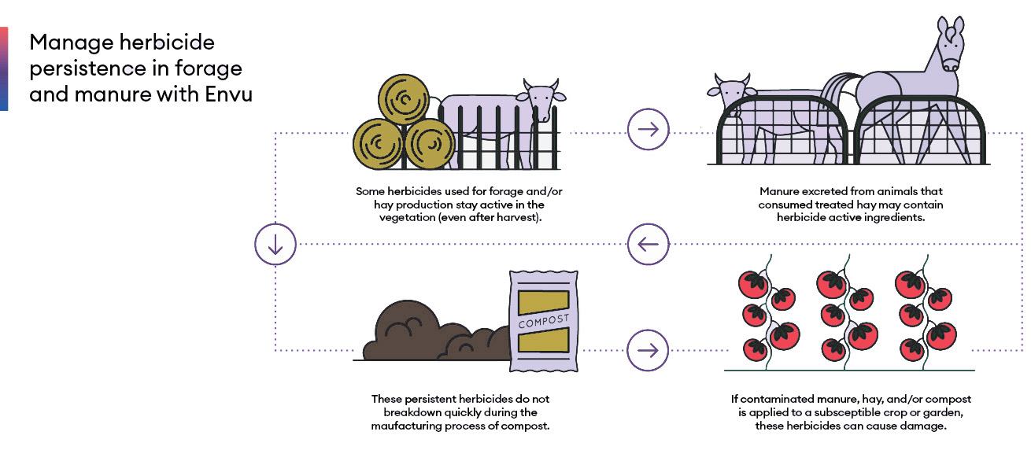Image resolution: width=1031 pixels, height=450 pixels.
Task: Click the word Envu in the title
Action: point(228,94)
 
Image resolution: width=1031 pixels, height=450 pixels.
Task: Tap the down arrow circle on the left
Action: point(275,245)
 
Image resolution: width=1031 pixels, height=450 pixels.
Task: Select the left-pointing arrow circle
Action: point(648,245)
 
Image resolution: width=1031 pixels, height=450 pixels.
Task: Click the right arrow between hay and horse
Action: point(648,129)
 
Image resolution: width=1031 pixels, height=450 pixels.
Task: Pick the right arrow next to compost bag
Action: point(648,349)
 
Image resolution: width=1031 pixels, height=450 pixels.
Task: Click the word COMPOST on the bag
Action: point(543,323)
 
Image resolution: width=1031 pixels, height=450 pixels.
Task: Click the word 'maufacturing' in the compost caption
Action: point(406,426)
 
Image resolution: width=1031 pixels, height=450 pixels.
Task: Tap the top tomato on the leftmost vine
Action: point(754,283)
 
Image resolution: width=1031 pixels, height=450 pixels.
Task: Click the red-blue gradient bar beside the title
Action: point(4,68)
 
